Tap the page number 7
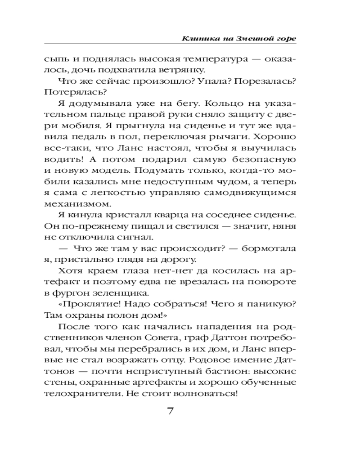[x=170, y=412]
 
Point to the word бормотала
[x=267, y=248]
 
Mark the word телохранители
[x=75, y=395]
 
